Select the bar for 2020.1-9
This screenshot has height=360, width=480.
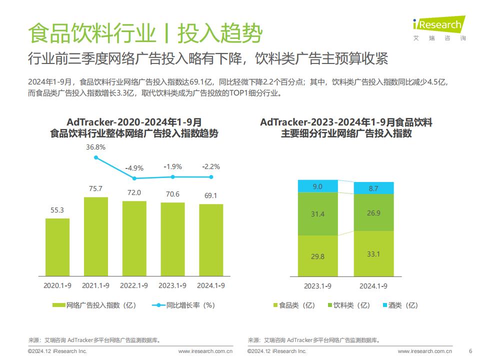(x=57, y=247)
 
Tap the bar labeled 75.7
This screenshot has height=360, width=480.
(x=96, y=236)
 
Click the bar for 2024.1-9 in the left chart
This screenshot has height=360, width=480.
(x=211, y=240)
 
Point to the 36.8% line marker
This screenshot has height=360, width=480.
(x=96, y=157)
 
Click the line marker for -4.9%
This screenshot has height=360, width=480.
(x=134, y=178)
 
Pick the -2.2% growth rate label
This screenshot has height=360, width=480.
(x=211, y=167)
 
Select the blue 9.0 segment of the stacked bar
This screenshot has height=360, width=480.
(x=318, y=186)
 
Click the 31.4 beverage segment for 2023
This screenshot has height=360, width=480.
(x=318, y=213)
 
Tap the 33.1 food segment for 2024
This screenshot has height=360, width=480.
(x=373, y=254)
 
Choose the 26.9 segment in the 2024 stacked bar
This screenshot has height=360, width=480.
(x=373, y=212)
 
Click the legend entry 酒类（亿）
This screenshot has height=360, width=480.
(x=400, y=305)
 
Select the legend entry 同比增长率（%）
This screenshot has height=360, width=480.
(x=183, y=305)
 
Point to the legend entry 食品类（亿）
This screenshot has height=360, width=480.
(x=294, y=305)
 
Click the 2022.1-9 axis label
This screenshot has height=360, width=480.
(x=134, y=285)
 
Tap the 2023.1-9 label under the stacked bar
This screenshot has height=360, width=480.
(x=317, y=286)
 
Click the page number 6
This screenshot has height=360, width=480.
(x=470, y=351)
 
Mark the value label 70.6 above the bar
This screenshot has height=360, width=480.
(x=172, y=194)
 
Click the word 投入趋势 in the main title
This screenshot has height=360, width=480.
(x=220, y=33)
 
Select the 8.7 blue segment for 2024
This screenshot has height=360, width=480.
(x=373, y=188)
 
